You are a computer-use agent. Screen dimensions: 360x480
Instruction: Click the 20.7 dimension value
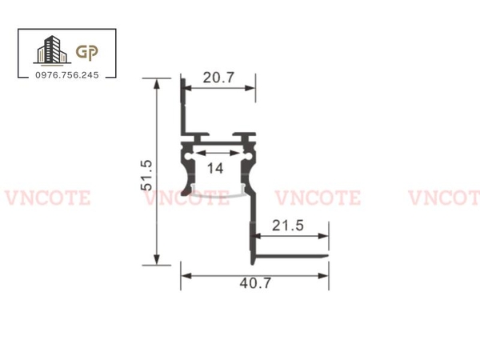(x=218, y=78)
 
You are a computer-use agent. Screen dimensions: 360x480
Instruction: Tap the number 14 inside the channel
(x=214, y=168)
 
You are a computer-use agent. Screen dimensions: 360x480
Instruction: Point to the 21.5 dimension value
(x=288, y=226)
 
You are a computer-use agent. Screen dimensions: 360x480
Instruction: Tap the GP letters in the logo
(x=86, y=52)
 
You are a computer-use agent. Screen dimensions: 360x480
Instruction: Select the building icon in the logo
(x=50, y=50)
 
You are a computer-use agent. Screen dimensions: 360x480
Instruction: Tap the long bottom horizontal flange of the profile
(x=292, y=258)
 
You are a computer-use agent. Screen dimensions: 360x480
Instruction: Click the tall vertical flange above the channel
(x=182, y=108)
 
